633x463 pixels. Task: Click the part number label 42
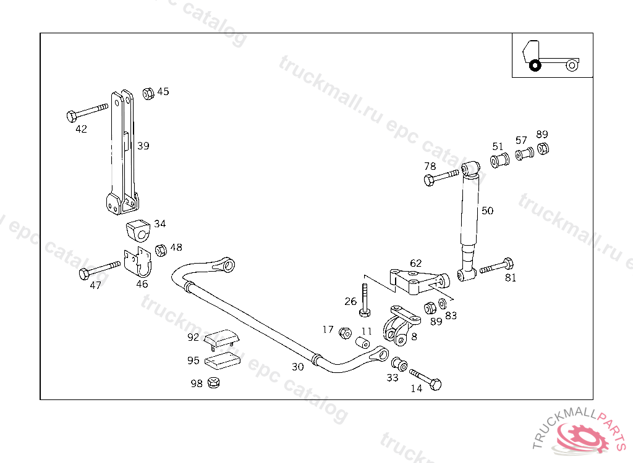click(81, 129)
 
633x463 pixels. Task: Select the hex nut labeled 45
click(148, 94)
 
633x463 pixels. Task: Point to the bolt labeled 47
click(99, 270)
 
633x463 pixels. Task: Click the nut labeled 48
click(159, 250)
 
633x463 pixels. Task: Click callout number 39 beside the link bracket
click(143, 146)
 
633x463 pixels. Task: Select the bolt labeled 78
click(442, 178)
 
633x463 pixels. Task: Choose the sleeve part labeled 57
click(524, 154)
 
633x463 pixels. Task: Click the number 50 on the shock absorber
click(487, 211)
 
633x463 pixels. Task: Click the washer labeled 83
click(443, 304)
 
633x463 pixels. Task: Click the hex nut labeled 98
click(215, 383)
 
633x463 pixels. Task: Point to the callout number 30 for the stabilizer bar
click(298, 367)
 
